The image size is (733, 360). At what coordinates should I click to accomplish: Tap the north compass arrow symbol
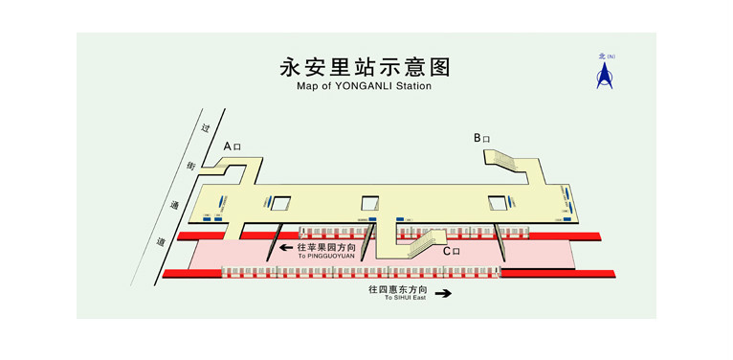click(x=604, y=74)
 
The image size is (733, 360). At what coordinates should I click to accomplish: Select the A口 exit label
click(x=233, y=146)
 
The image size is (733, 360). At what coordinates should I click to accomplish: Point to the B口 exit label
click(x=481, y=138)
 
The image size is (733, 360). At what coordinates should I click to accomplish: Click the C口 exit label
click(x=451, y=251)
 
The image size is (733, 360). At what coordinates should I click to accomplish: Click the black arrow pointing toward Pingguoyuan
click(x=285, y=248)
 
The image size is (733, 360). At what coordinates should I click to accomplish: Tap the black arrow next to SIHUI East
click(x=442, y=294)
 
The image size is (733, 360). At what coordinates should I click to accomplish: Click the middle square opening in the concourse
click(x=370, y=203)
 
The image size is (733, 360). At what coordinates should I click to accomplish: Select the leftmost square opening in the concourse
click(x=280, y=202)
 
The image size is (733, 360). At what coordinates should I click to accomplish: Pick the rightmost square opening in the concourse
click(x=498, y=202)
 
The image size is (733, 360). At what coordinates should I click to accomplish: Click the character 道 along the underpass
click(x=161, y=243)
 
